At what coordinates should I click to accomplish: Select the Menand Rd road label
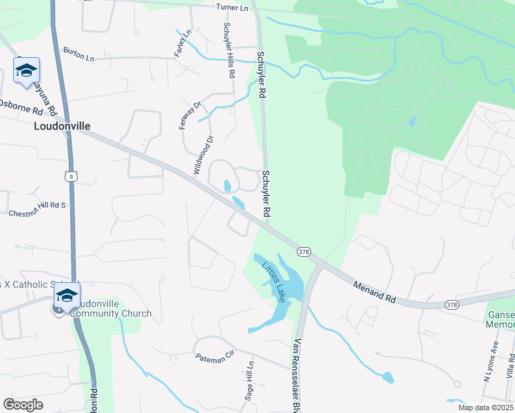coord(375,290)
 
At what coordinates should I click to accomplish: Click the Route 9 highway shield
coord(71,177)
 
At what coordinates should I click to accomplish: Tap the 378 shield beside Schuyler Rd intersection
coord(304,252)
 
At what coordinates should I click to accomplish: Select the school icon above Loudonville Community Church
coord(67,295)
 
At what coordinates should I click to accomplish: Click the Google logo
coord(23,405)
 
